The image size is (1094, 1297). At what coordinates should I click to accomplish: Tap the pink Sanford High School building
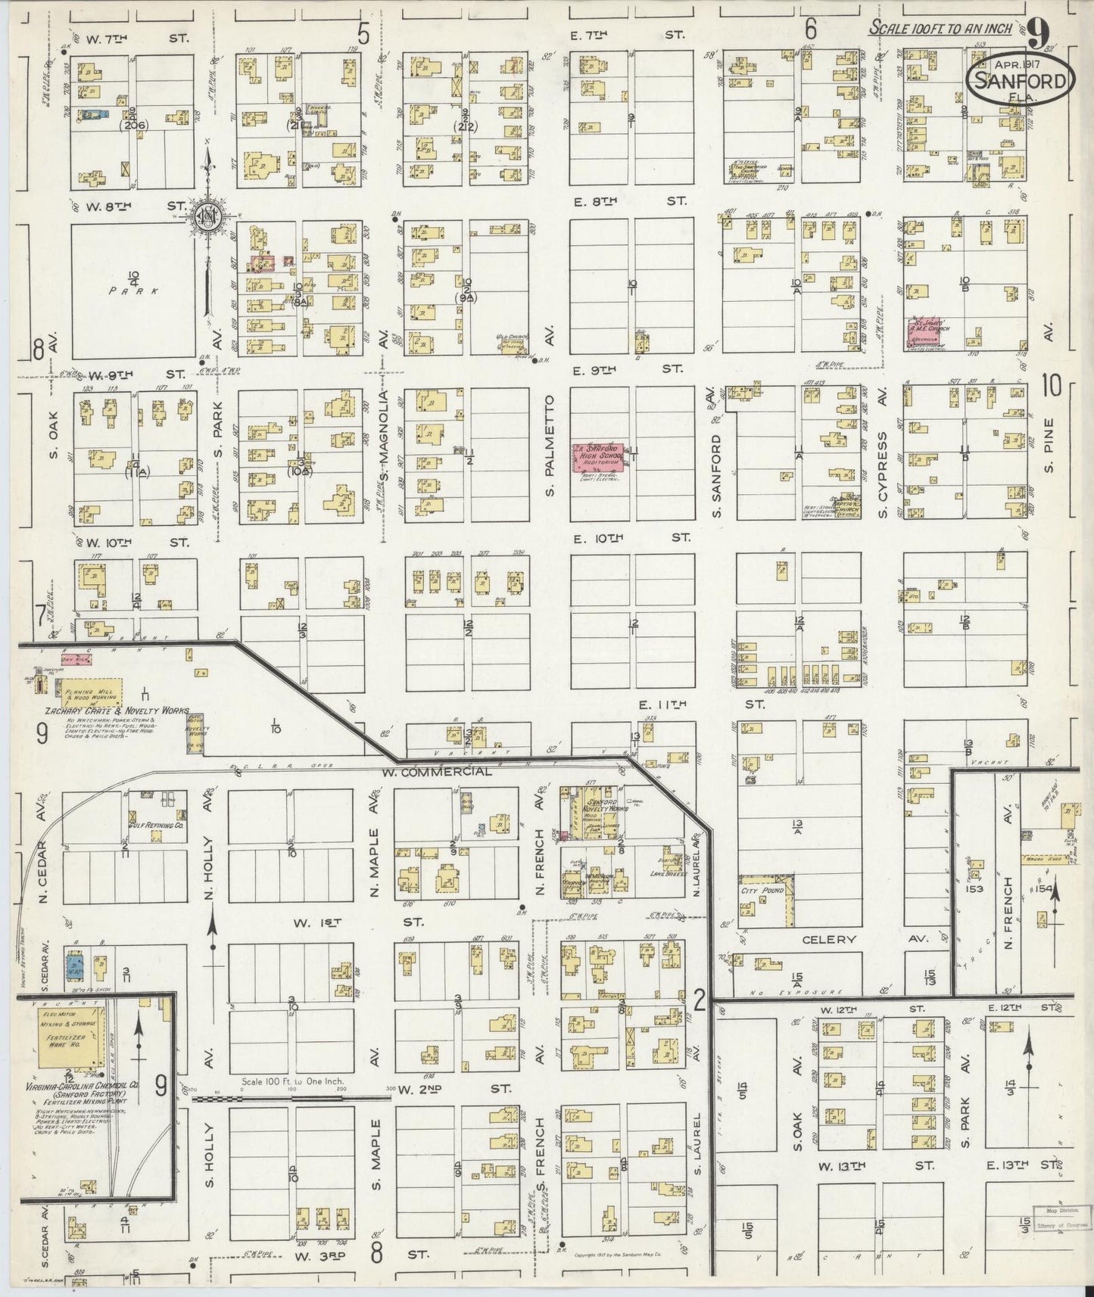(x=597, y=462)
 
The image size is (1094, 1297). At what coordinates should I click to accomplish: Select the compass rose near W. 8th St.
(x=206, y=215)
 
